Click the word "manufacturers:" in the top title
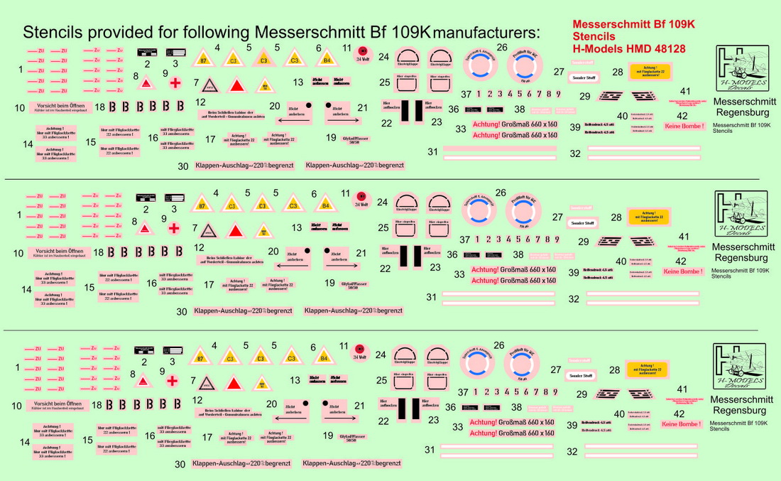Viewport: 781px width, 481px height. [x=488, y=33]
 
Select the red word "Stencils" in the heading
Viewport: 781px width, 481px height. [x=594, y=36]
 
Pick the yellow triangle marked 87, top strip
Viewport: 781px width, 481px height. [x=204, y=59]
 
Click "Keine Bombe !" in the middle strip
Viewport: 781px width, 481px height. [x=682, y=271]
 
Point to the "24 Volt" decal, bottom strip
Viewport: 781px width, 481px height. [x=362, y=359]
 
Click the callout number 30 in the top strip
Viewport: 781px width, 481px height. [x=183, y=166]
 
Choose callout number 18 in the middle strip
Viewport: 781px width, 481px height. [x=100, y=252]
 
